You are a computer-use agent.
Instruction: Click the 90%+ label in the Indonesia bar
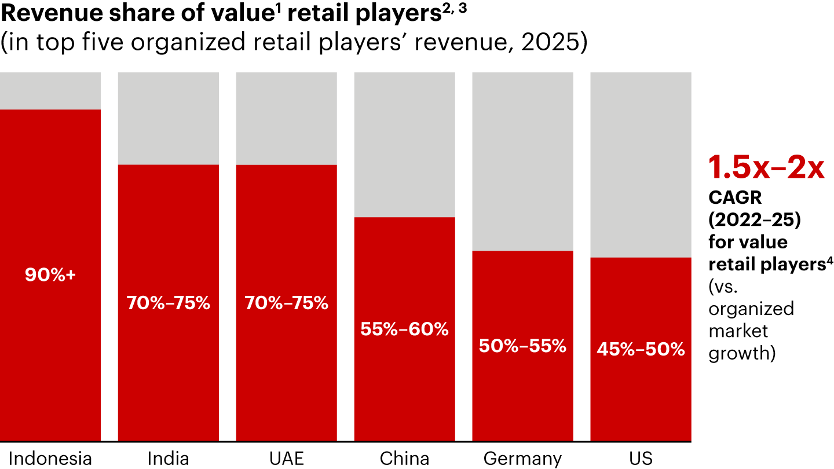tap(50, 275)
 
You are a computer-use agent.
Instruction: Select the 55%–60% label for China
tap(404, 329)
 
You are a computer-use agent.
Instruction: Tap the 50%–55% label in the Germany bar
tap(522, 346)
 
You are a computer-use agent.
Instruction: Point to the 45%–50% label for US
tap(641, 350)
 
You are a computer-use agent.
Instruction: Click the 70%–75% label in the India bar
tap(168, 303)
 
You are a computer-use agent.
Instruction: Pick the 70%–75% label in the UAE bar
tap(286, 303)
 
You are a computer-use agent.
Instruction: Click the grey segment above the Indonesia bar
tap(50, 90)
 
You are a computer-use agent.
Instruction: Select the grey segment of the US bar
tap(641, 164)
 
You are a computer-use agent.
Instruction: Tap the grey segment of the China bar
tap(404, 144)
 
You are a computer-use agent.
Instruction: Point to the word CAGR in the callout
tap(736, 198)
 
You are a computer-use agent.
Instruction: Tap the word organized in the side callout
tap(751, 309)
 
